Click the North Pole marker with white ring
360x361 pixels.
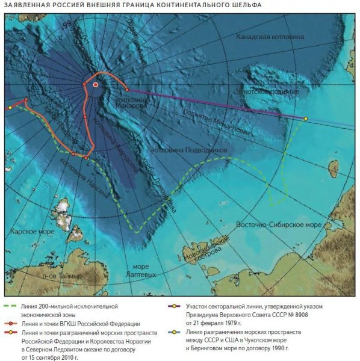pos(95,85)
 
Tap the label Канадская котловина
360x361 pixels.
pos(270,37)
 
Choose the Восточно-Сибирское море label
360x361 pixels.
pos(279,224)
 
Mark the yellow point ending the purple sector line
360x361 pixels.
pos(305,119)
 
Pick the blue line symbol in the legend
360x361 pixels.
pos(179,332)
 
